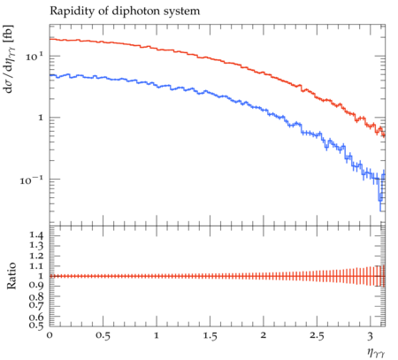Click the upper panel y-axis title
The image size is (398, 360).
point(9,58)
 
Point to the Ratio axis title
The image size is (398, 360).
point(11,276)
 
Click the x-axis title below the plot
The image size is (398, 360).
point(376,352)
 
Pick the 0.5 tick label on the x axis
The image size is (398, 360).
point(103,336)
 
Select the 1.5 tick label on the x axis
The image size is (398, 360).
point(210,336)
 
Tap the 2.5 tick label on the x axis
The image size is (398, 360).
point(317,336)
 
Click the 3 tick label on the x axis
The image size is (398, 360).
point(371,336)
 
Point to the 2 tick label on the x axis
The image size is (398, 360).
point(264,335)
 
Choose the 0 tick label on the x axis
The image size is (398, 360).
point(50,335)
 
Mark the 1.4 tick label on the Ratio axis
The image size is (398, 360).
point(36,235)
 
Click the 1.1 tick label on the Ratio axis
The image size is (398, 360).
point(36,266)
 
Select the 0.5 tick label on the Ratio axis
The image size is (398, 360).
point(36,326)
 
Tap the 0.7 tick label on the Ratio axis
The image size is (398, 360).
point(36,305)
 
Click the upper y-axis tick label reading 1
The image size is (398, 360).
point(41,118)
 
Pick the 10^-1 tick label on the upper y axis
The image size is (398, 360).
point(32,180)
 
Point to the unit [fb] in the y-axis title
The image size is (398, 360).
point(9,33)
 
